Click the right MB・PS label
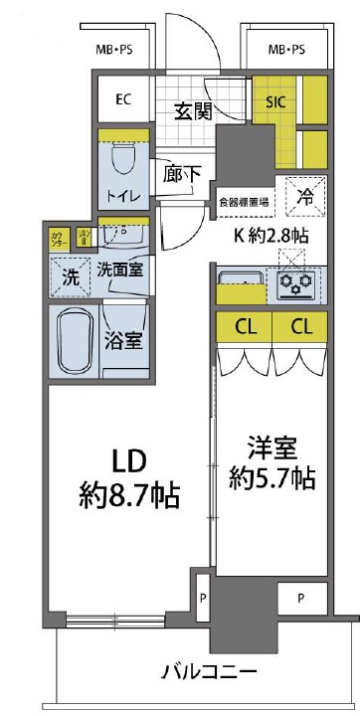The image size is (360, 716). pyautogui.click(x=286, y=49)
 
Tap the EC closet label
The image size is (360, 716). pyautogui.click(x=124, y=98)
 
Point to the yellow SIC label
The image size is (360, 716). pyautogui.click(x=275, y=99)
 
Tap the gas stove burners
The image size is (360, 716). pyautogui.click(x=297, y=285)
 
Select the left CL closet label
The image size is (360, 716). pyautogui.click(x=242, y=327)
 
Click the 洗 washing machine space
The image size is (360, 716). pyautogui.click(x=70, y=277)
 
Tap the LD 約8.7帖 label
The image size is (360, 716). pyautogui.click(x=129, y=476)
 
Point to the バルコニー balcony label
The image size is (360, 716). pyautogui.click(x=210, y=671)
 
